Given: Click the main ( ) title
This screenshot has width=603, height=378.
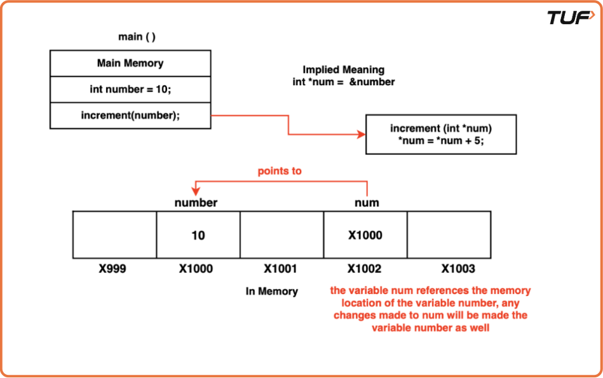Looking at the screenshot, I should coord(137,37).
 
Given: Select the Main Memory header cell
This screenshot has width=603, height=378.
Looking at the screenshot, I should coord(130,64).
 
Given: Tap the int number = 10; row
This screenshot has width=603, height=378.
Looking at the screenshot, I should coord(130,90).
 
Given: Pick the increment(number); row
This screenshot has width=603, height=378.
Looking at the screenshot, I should coord(130,116).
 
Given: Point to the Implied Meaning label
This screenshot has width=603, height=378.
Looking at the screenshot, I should coord(343,70).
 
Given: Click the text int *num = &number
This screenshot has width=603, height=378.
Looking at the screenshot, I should coord(344,82).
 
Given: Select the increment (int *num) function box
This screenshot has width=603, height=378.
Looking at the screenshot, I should coord(441,135).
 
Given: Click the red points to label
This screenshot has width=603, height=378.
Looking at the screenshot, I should coord(280,172).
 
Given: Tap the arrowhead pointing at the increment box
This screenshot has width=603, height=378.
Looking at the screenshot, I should coord(362,135).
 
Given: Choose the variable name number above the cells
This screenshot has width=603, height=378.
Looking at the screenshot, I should coord(196,203).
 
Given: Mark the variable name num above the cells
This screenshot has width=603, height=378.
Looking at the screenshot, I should coord(367,203).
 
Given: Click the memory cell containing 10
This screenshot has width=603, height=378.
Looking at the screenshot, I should coord(198,235).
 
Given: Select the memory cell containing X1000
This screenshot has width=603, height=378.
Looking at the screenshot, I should coord(365,235).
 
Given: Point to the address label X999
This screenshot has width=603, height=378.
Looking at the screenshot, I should coord(112,269).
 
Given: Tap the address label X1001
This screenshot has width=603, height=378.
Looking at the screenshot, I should coord(280,269).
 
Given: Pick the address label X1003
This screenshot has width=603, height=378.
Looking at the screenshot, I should coord(458,269).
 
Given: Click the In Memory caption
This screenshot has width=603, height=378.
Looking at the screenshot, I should coord(272,292).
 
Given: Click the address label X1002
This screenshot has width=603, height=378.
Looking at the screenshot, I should coord(365,269).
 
